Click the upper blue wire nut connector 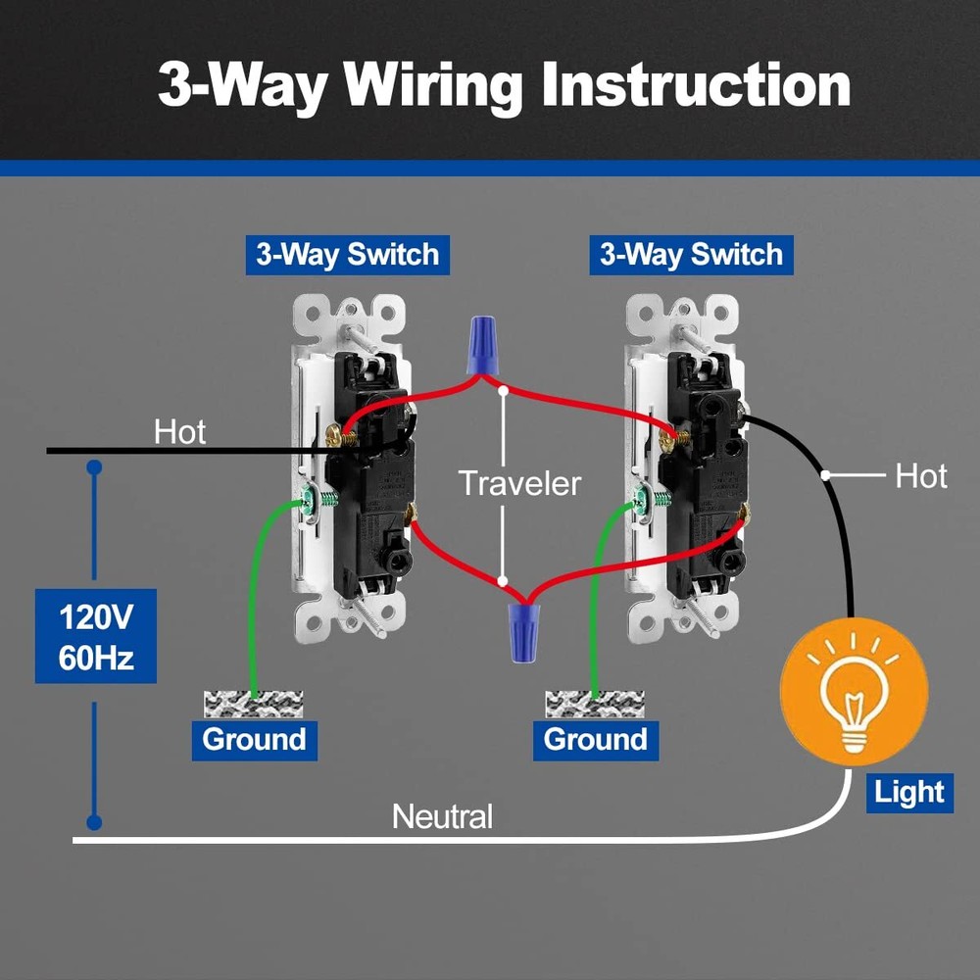pyautogui.click(x=479, y=343)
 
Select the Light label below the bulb pyautogui.click(x=909, y=792)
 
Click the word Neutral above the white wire pyautogui.click(x=443, y=815)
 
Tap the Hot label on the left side pyautogui.click(x=180, y=432)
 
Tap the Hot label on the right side pyautogui.click(x=921, y=476)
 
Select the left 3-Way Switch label pyautogui.click(x=347, y=255)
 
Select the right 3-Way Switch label pyautogui.click(x=691, y=255)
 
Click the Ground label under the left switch pyautogui.click(x=254, y=739)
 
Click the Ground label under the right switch pyautogui.click(x=596, y=739)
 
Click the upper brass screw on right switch pyautogui.click(x=671, y=440)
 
